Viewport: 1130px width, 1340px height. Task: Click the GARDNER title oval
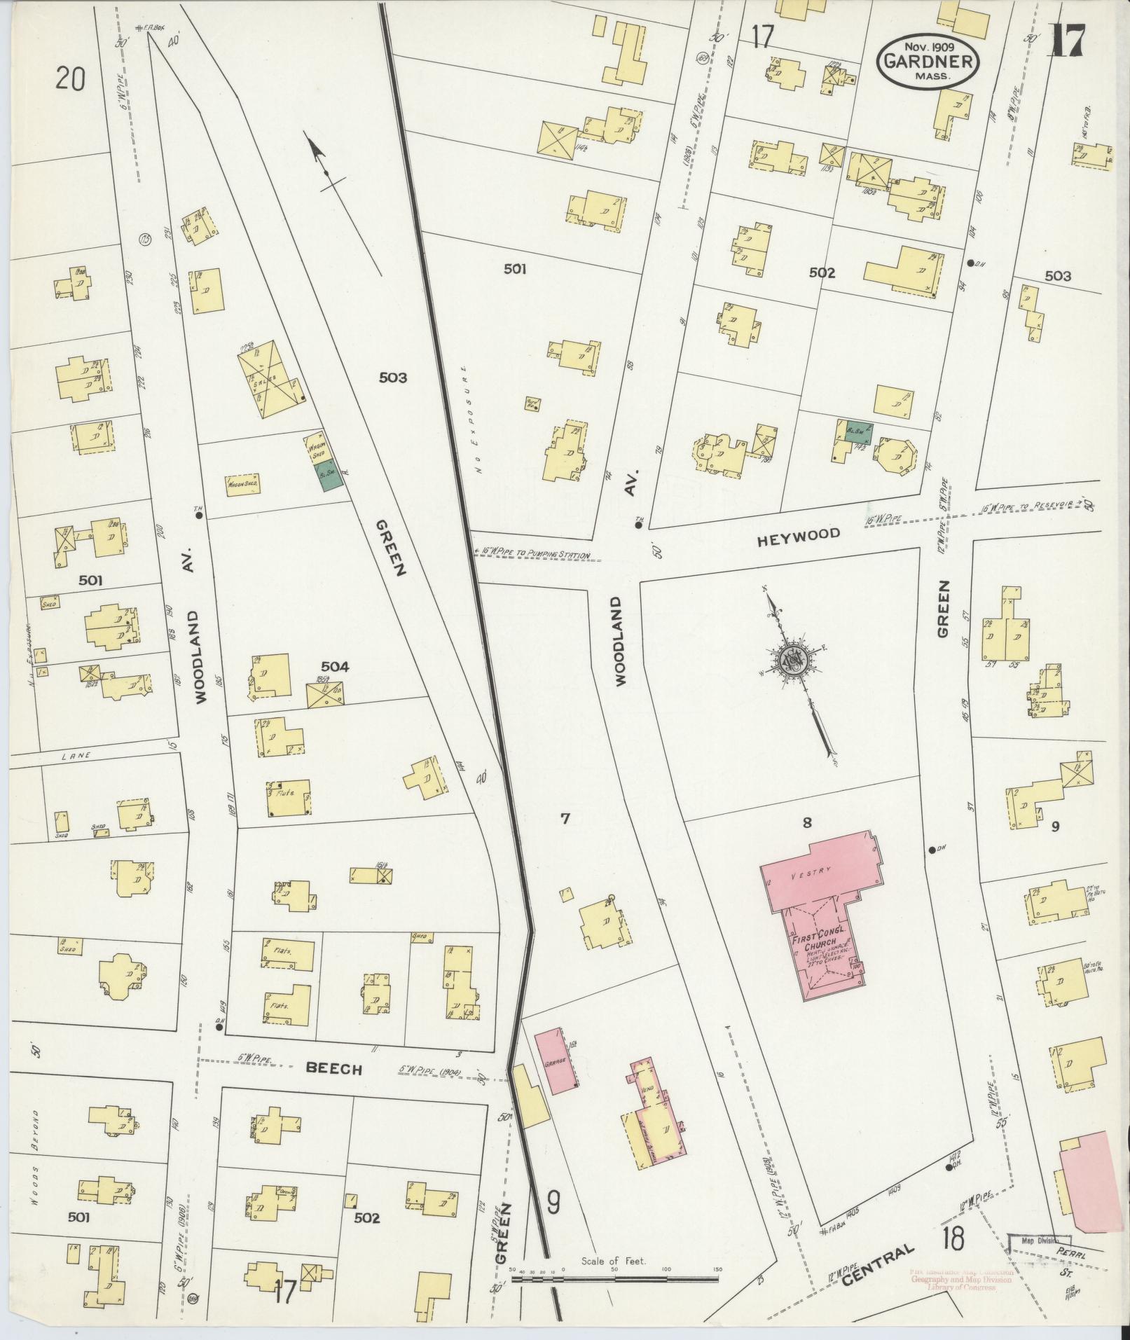pyautogui.click(x=929, y=61)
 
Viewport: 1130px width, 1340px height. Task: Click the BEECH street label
pyautogui.click(x=334, y=1089)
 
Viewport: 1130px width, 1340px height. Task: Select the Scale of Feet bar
pyautogui.click(x=615, y=1279)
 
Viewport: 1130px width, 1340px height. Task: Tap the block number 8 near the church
pyautogui.click(x=807, y=822)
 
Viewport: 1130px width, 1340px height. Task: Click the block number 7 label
pyautogui.click(x=565, y=817)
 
